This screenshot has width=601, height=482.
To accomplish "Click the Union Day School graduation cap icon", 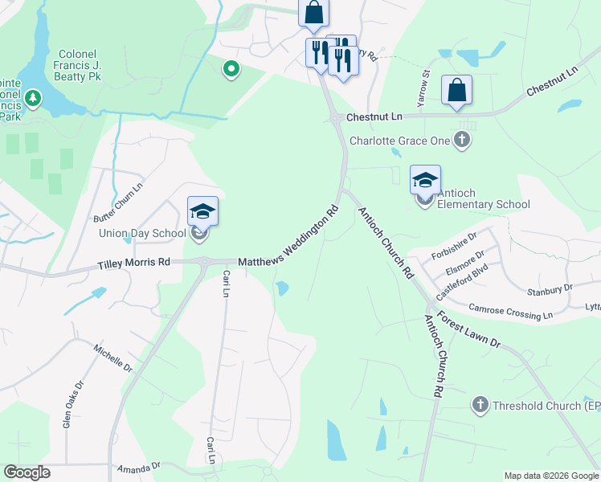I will coord(202,212).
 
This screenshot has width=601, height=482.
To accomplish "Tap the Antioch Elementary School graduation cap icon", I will coord(425,180).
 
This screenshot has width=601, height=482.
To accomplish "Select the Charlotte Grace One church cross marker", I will coord(461,141).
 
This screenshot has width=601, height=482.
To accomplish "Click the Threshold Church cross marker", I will coord(480,405).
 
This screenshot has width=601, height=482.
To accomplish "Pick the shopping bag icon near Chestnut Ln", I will coord(456,91).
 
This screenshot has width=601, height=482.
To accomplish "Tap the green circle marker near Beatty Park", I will coord(231,70).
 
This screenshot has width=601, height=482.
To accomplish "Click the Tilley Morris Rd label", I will coord(134,263).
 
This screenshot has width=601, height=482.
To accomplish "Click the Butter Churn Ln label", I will coord(119,202).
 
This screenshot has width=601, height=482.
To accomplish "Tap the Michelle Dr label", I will coord(112,358).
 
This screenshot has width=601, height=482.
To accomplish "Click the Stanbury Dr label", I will coord(550,288).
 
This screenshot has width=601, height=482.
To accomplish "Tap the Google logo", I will coord(27,472).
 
